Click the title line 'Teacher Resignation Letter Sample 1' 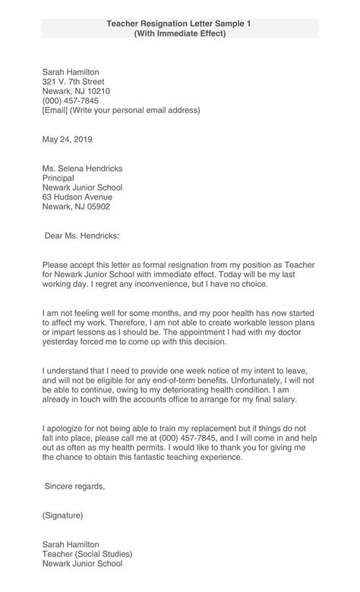pyautogui.click(x=179, y=24)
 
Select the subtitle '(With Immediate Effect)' pyautogui.click(x=179, y=34)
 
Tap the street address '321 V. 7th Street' pyautogui.click(x=73, y=82)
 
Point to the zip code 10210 pyautogui.click(x=97, y=91)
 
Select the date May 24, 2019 pyautogui.click(x=67, y=140)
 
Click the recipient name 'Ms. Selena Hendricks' pyautogui.click(x=82, y=168)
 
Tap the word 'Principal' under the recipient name pyautogui.click(x=59, y=178)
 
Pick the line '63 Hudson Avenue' pyautogui.click(x=77, y=197)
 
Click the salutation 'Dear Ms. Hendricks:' pyautogui.click(x=82, y=236)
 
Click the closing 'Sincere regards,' pyautogui.click(x=74, y=486)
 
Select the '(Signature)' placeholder pyautogui.click(x=63, y=515)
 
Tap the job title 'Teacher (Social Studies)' pyautogui.click(x=87, y=554)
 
